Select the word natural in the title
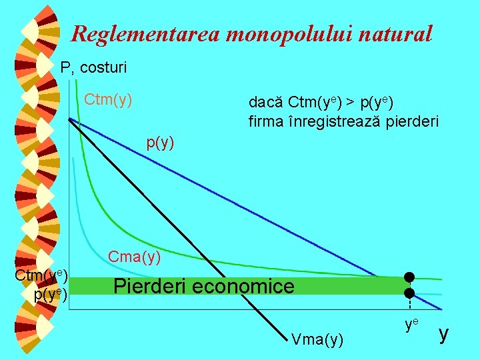pos(398,33)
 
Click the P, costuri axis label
pos(93,67)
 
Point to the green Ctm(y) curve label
pos(108,101)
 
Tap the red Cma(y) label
pos(134,256)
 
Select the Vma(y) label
pos(317,340)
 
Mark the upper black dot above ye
pos(409,277)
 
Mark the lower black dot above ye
pos(409,293)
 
